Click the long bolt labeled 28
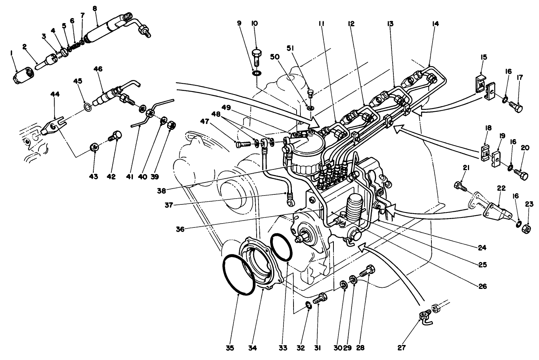tap(367, 272)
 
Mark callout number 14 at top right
tap(435, 24)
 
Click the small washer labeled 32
tap(308, 305)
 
